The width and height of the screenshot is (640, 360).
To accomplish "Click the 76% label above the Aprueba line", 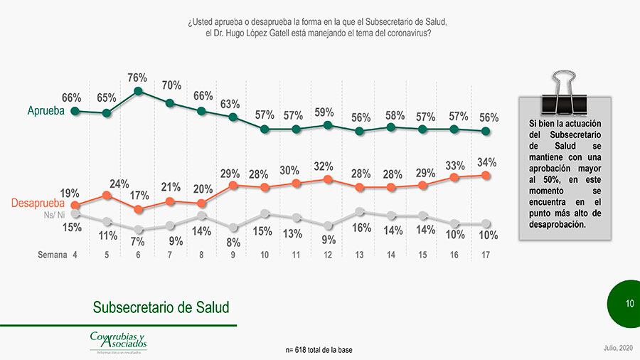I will point(137,78).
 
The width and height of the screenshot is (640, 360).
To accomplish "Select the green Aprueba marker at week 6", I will point(139,91).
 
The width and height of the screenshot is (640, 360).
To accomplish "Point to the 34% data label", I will point(487,162).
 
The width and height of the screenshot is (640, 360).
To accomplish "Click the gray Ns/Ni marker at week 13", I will point(360,211).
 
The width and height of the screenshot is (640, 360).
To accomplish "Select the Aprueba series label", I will point(46,112).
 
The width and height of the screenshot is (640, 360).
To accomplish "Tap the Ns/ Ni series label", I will point(54,215).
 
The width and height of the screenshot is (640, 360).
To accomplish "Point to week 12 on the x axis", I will point(328,255).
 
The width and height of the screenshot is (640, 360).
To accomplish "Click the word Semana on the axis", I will point(52,255).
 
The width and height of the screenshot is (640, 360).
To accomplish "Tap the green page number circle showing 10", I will point(629,304).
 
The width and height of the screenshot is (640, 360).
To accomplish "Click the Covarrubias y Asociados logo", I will point(118,341).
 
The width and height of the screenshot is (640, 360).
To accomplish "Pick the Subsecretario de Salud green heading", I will point(161,307).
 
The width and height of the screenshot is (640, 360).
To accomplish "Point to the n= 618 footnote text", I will point(319,350).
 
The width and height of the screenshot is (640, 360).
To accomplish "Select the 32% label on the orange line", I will point(324,166).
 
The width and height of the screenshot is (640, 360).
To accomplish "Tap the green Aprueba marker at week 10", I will point(265,129).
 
